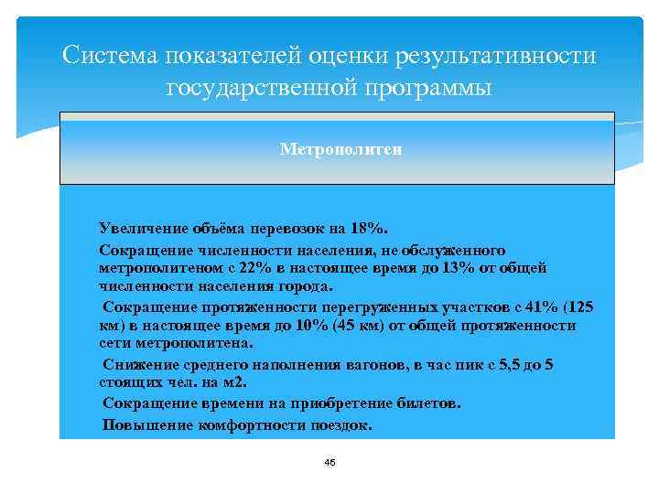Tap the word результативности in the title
coord(495,56)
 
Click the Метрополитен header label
coord(340,148)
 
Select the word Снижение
coord(138,364)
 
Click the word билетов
coord(431,403)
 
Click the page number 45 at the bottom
coord(329,464)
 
